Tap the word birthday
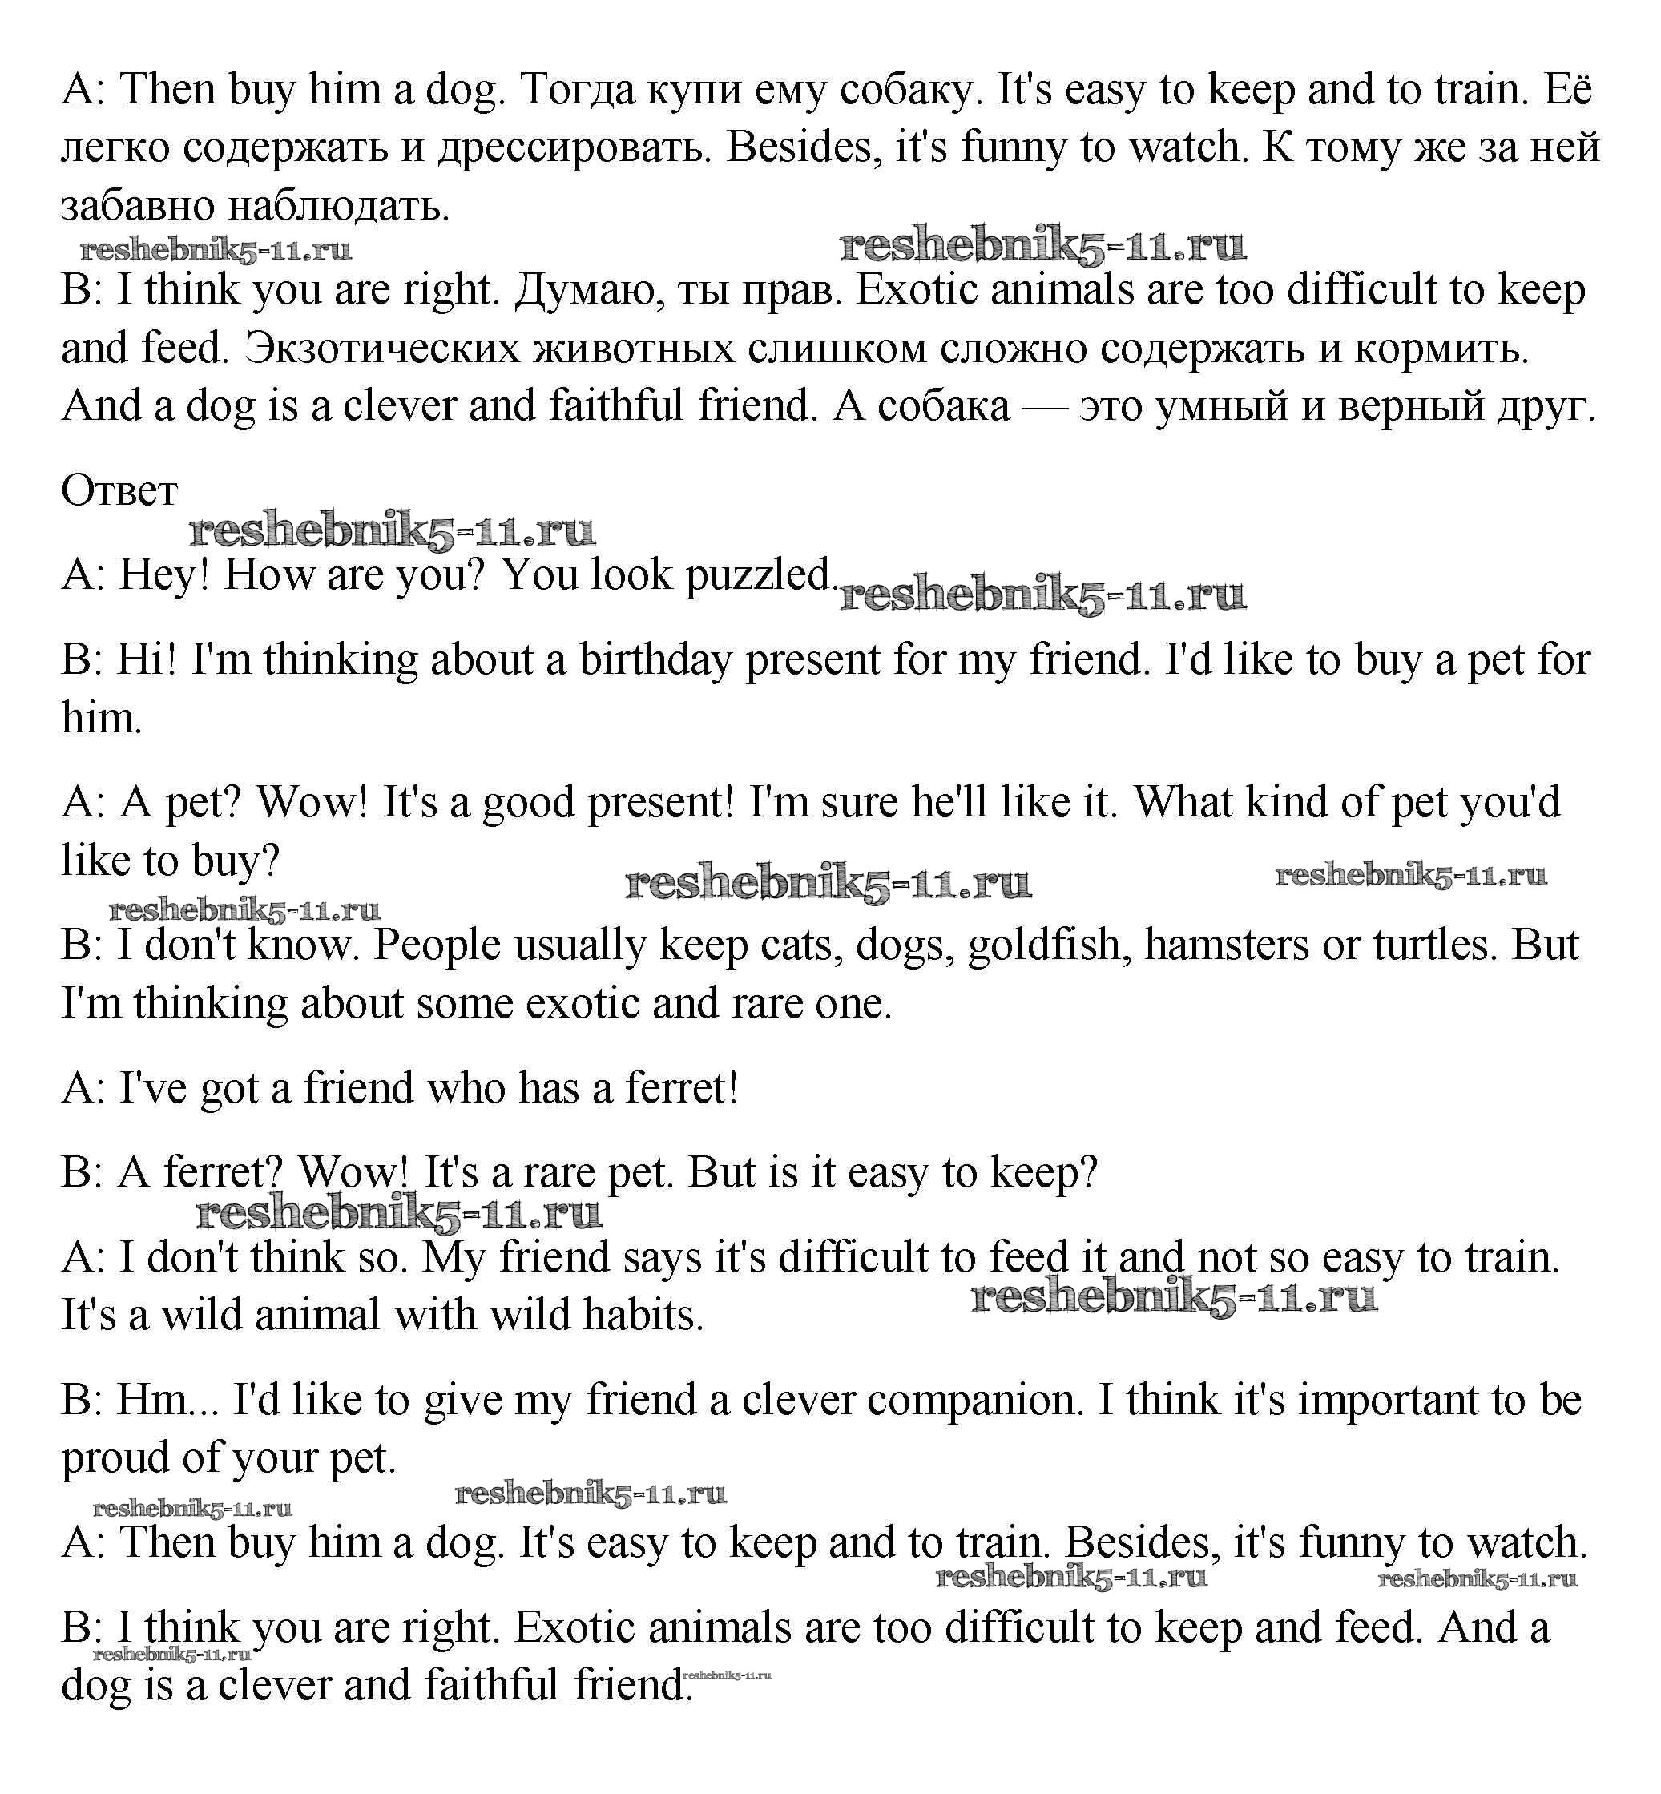(x=655, y=660)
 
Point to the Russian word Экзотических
(x=382, y=349)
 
